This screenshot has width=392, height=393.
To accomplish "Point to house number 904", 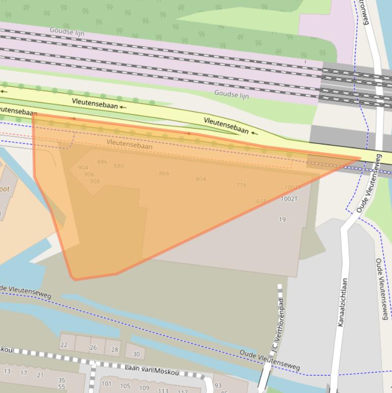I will [x=83, y=168].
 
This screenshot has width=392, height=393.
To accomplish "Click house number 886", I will [x=102, y=162].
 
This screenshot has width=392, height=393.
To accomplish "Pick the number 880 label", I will [x=119, y=166].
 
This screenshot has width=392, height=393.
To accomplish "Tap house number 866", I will [x=164, y=174].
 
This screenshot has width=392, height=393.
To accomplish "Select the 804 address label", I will [x=201, y=179].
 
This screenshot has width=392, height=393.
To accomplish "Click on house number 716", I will [x=241, y=185].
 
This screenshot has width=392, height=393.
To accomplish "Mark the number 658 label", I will [x=262, y=202].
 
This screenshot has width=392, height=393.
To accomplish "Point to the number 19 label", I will [x=282, y=220].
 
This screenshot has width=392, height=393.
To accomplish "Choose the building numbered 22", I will [x=64, y=345].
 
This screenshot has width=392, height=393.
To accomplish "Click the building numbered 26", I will [x=93, y=348].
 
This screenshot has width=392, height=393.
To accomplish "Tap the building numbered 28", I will [x=114, y=350].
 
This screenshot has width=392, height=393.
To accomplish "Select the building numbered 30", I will [x=136, y=354].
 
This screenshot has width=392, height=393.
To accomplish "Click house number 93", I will [x=218, y=386].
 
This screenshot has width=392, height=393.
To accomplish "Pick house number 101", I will [x=106, y=384].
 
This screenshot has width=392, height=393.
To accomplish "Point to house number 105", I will [x=125, y=386].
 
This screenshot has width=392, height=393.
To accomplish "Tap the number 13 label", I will [x=7, y=371].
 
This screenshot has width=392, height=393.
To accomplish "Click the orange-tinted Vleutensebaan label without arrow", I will [x=129, y=146].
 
